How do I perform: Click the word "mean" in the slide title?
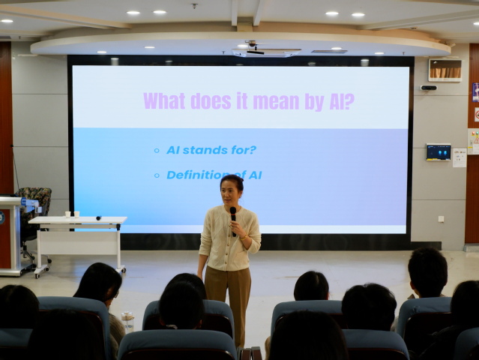click(276, 101)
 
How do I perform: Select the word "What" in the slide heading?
click(164, 100)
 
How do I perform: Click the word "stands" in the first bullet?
click(202, 150)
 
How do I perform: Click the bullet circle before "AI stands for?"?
click(157, 150)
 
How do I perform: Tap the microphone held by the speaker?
click(233, 220)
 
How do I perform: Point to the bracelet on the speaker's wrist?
click(244, 237)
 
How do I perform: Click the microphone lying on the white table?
click(99, 218)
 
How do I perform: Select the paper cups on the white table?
click(72, 214)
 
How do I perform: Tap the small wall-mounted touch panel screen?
click(439, 152)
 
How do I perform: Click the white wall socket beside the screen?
click(441, 219)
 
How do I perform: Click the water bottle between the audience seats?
click(128, 322)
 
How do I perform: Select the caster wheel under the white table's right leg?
click(122, 270)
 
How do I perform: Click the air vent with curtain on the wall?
click(445, 70)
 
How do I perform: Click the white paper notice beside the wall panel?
click(460, 157)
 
